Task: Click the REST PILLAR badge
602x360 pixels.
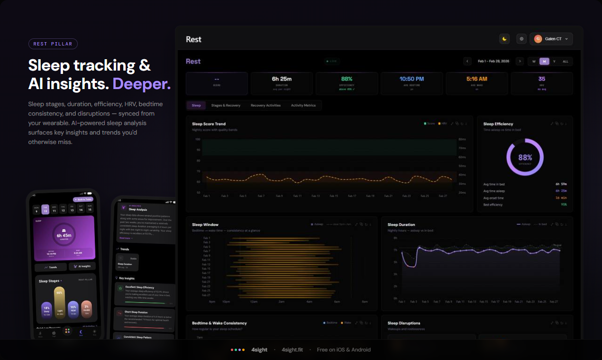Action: (x=53, y=44)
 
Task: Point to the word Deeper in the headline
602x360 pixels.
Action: (x=141, y=84)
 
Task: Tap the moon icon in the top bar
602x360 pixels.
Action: (x=504, y=39)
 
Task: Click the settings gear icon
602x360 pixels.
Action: (x=521, y=39)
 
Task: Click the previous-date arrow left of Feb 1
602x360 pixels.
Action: (x=467, y=61)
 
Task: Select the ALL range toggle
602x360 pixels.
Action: (x=566, y=62)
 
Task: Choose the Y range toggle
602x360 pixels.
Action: (x=554, y=62)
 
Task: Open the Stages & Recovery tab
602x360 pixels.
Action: (x=226, y=105)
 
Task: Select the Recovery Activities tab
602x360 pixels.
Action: (x=265, y=105)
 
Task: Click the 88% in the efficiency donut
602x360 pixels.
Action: (x=525, y=157)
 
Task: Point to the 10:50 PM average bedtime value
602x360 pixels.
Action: (x=411, y=79)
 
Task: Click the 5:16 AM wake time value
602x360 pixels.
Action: (x=476, y=79)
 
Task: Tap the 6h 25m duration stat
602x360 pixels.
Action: (x=282, y=79)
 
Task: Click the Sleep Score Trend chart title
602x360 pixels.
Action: (x=209, y=124)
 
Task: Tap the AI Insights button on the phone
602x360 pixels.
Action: (x=82, y=267)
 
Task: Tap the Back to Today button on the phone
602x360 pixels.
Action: (x=82, y=199)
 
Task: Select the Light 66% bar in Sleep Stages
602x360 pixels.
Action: (x=60, y=302)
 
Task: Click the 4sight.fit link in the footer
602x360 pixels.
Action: (x=292, y=350)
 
